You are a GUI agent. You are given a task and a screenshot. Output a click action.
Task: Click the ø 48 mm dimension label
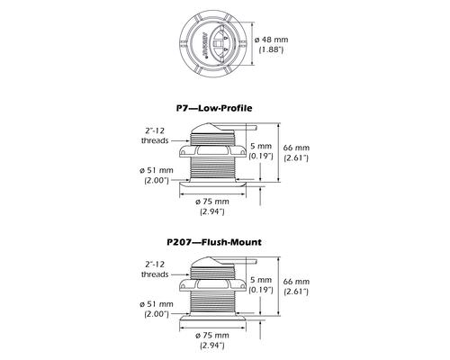pos(271,40)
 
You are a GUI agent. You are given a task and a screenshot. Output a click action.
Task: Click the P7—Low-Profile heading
pos(214,108)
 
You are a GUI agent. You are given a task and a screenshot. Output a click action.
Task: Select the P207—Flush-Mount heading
pos(214,242)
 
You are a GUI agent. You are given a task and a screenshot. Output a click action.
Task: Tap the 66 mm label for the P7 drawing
pos(296,148)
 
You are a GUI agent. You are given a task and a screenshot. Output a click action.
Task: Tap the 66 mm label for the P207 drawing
pos(296,282)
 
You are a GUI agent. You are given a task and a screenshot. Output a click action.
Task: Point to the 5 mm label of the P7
pos(261,146)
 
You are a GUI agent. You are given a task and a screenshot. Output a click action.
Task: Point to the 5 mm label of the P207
pos(261,280)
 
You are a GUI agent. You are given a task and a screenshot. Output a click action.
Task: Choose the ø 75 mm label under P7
pos(212,202)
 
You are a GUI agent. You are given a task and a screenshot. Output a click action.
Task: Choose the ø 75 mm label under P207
pos(212,336)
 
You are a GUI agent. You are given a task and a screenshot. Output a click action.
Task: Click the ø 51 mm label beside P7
pos(157,170)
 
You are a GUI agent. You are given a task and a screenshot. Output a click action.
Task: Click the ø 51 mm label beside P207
pos(157,304)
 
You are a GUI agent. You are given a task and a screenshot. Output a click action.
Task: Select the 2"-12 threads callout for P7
pos(155,136)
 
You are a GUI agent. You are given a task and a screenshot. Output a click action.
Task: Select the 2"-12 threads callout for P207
pos(155,269)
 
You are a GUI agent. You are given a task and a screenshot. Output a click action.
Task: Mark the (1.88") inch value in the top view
pos(271,49)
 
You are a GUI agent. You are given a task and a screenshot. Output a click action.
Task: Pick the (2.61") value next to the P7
pos(296,157)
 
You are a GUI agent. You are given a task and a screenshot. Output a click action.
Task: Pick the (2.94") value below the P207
pos(212,346)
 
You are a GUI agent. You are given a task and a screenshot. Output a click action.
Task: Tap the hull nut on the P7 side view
pos(212,151)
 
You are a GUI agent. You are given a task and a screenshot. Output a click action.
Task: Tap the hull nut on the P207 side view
pos(212,285)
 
